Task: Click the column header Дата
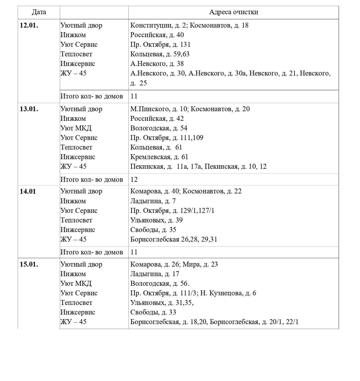(39, 12)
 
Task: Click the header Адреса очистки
(233, 12)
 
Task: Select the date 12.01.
(29, 26)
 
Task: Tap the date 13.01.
(29, 109)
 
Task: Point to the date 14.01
(28, 191)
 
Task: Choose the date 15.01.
(29, 265)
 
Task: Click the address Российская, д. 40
(157, 35)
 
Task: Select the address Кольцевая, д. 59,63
(160, 54)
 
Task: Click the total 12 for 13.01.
(134, 179)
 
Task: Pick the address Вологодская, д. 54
(159, 128)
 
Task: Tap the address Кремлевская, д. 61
(159, 157)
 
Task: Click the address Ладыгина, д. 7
(153, 201)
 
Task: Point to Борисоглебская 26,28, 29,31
(174, 240)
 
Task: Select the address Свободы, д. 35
(153, 230)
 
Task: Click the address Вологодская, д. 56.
(159, 284)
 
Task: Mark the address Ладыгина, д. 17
(154, 274)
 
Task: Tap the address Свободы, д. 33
(153, 312)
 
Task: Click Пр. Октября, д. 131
(160, 45)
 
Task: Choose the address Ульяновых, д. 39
(156, 220)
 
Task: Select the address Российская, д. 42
(157, 119)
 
